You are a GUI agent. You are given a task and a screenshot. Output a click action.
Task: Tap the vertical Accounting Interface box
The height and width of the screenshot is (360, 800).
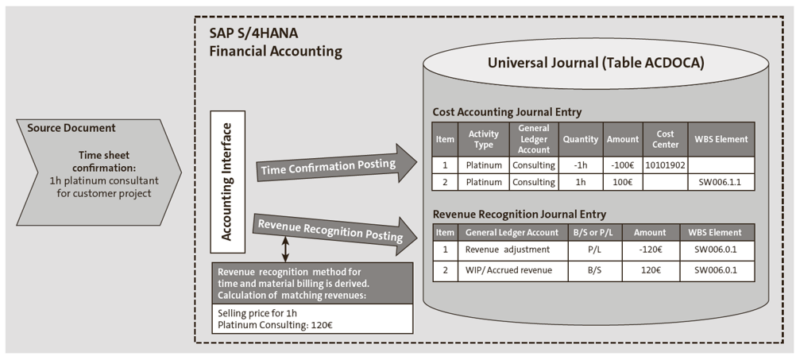(x=226, y=180)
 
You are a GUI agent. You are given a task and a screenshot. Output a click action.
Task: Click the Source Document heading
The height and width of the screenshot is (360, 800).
(x=71, y=128)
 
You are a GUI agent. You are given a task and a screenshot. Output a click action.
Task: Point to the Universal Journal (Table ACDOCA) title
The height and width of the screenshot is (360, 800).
(x=595, y=63)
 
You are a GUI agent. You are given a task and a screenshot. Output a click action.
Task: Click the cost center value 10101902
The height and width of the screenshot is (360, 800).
(x=664, y=165)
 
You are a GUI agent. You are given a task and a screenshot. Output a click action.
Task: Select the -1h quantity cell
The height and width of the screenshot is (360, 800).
(x=580, y=165)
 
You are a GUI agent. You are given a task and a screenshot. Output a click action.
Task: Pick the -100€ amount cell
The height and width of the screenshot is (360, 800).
(x=623, y=165)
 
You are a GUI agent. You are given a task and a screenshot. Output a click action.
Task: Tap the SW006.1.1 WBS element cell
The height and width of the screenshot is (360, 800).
(x=720, y=182)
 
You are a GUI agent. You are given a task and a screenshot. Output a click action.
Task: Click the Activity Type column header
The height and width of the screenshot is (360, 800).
(x=483, y=139)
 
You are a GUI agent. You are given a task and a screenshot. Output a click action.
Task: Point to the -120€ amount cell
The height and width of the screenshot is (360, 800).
(x=651, y=250)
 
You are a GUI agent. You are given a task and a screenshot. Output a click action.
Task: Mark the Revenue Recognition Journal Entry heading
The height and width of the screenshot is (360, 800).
(x=518, y=215)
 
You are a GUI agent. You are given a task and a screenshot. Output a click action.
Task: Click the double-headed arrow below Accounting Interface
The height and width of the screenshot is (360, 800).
(x=285, y=250)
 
